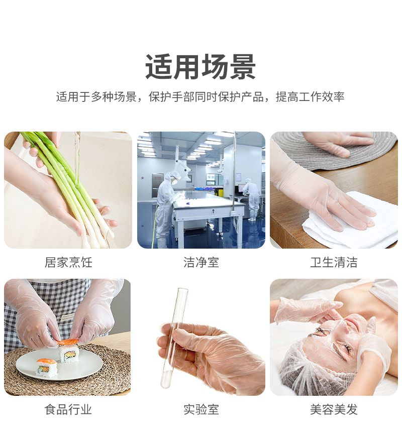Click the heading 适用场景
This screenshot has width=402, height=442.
[200, 67]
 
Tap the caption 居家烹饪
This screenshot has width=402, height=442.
[68, 262]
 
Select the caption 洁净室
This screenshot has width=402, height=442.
[201, 262]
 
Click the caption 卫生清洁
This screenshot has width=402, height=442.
[334, 262]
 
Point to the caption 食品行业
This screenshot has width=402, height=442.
[68, 409]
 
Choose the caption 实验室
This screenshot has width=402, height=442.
[201, 409]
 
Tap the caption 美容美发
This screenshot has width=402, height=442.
[334, 409]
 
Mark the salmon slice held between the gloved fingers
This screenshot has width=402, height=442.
[68, 342]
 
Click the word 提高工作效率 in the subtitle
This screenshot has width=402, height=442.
[310, 96]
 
